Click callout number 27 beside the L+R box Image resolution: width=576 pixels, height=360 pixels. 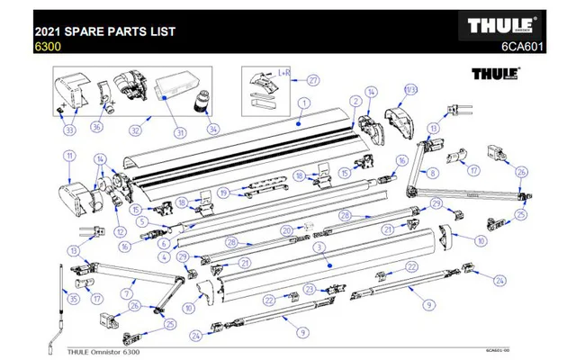[314, 79]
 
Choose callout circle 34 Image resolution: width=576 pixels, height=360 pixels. [213, 129]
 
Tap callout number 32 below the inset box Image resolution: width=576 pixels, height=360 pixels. [137, 129]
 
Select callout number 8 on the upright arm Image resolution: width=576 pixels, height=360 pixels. [433, 170]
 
